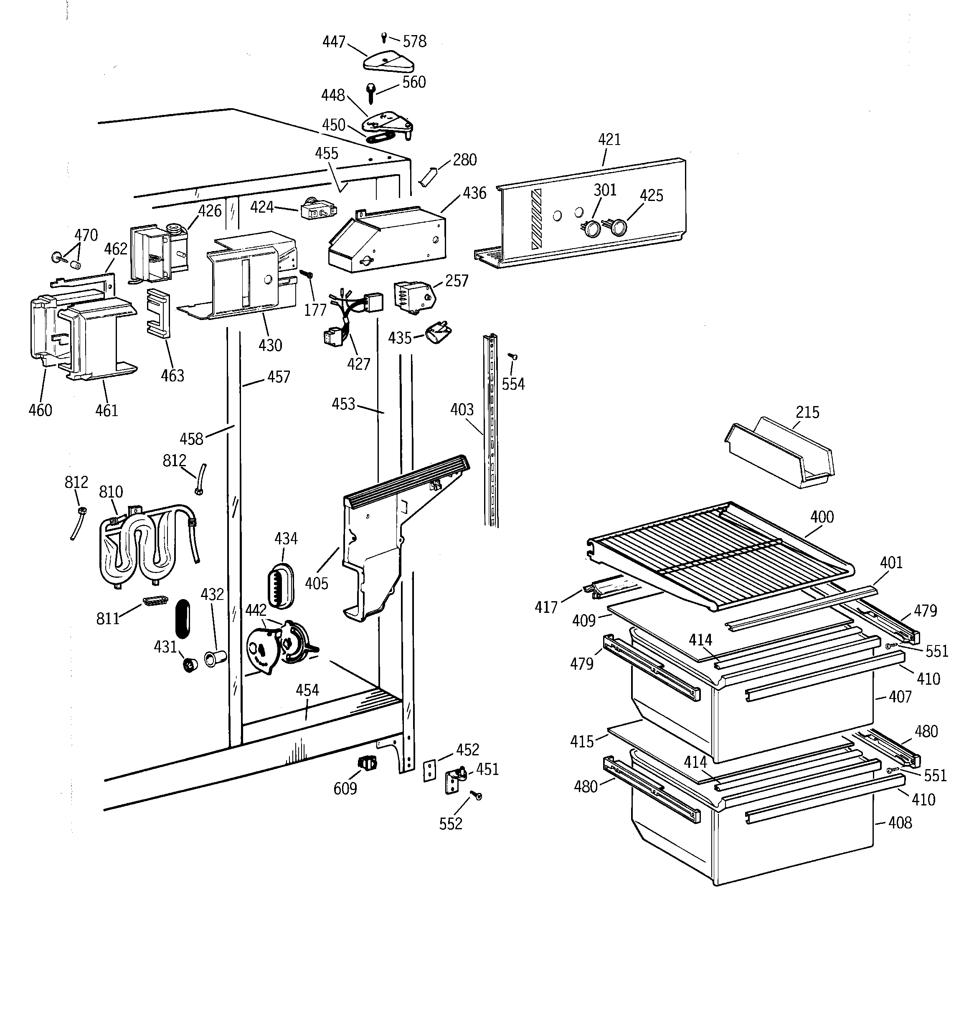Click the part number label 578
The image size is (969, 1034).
pyautogui.click(x=415, y=42)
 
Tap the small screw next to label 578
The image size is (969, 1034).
pyautogui.click(x=384, y=37)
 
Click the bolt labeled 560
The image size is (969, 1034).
pyautogui.click(x=371, y=94)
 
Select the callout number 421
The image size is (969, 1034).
pyautogui.click(x=609, y=140)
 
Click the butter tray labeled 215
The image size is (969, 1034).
pyautogui.click(x=780, y=452)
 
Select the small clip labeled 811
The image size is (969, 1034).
pyautogui.click(x=155, y=601)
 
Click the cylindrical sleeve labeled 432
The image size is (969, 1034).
pyautogui.click(x=214, y=658)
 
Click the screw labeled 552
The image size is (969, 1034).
pyautogui.click(x=476, y=796)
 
